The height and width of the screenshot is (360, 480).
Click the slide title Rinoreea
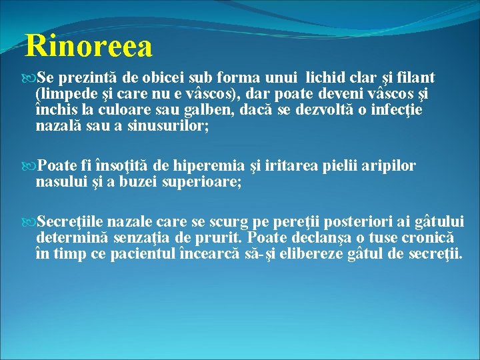pyautogui.click(x=89, y=47)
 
